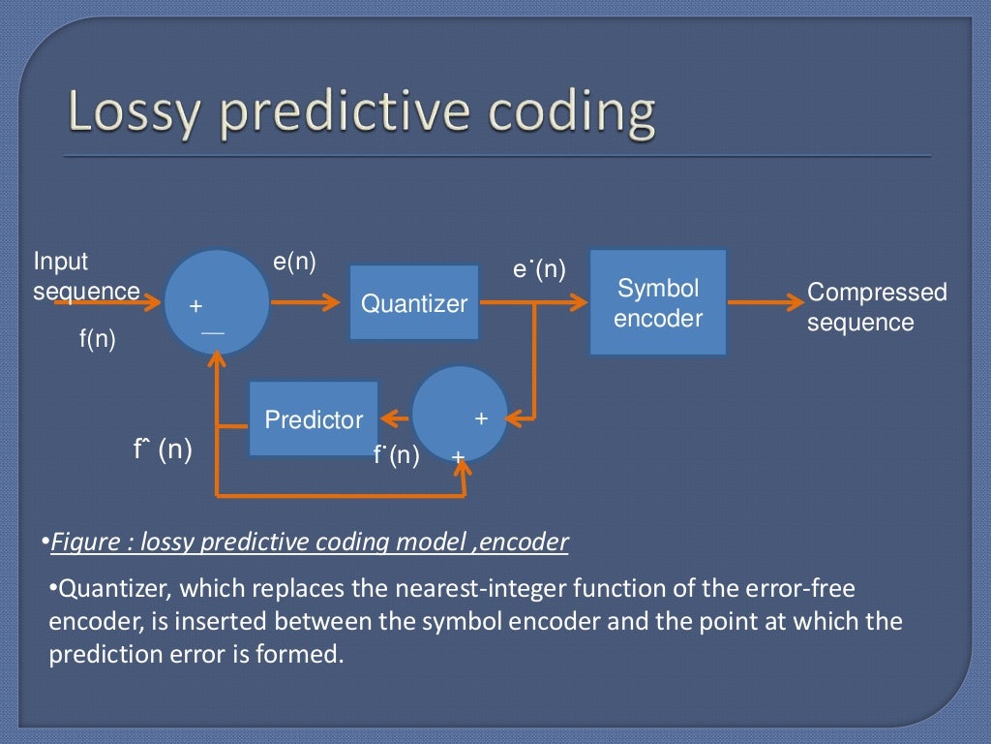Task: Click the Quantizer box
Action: click(413, 302)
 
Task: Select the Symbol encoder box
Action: click(658, 302)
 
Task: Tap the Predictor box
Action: click(314, 418)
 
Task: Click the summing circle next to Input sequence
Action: click(217, 301)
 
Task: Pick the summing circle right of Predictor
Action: click(460, 414)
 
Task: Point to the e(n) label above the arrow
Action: click(295, 262)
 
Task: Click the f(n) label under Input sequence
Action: click(97, 340)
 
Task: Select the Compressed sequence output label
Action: click(876, 307)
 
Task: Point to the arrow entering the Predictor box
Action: click(396, 418)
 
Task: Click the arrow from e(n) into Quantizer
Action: click(309, 302)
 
